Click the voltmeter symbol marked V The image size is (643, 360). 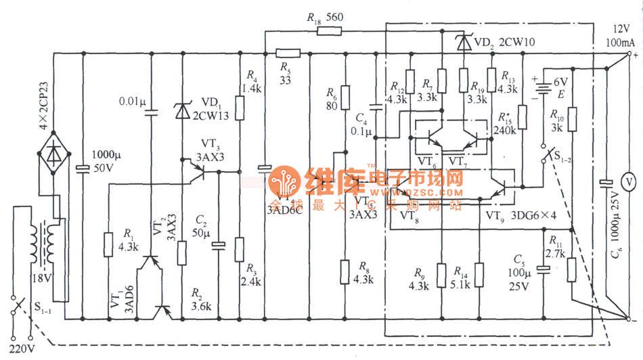627,181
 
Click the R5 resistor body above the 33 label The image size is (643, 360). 288,53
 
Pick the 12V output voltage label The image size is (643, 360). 621,28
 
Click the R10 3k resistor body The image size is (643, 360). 572,120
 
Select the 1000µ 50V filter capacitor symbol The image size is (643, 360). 83,168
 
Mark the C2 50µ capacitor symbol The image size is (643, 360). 218,244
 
